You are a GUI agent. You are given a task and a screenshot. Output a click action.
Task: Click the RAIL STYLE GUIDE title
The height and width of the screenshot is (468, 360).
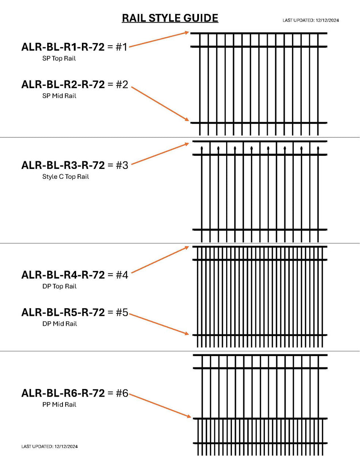(170, 18)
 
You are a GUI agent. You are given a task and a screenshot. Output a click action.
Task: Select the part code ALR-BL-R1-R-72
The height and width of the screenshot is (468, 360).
(63, 47)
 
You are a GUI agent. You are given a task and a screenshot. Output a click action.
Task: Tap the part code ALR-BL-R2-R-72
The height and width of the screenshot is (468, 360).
(63, 84)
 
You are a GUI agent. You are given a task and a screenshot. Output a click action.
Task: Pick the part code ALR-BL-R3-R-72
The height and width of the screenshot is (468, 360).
(63, 165)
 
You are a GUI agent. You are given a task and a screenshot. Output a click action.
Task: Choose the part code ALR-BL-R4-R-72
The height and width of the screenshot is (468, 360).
(63, 275)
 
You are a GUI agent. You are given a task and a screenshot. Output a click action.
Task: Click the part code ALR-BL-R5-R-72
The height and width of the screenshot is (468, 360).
(63, 313)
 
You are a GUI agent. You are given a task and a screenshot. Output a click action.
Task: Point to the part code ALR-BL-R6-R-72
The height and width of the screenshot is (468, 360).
(63, 393)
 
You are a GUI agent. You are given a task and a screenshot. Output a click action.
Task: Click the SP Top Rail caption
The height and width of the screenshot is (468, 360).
(59, 58)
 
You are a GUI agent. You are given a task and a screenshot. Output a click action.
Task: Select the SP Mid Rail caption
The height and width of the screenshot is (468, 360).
(59, 96)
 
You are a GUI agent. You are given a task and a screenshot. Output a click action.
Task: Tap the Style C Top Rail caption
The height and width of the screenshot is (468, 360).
(65, 177)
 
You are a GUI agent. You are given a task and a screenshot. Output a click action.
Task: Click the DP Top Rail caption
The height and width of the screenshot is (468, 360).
(60, 286)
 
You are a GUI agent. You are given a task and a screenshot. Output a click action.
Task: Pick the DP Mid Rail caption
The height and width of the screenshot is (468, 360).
(60, 324)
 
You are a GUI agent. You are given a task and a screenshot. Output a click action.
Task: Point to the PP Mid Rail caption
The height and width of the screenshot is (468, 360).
(59, 404)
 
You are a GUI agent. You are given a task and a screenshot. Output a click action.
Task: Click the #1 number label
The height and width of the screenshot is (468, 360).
(122, 47)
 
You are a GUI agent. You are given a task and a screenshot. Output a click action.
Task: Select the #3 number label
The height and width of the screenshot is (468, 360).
(122, 165)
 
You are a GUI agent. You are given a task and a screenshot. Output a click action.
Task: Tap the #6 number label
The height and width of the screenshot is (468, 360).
(122, 393)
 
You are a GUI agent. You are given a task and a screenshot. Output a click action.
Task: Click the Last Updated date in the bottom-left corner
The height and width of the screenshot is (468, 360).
(49, 446)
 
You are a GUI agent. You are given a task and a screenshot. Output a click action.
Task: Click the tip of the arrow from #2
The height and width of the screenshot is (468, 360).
(189, 121)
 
